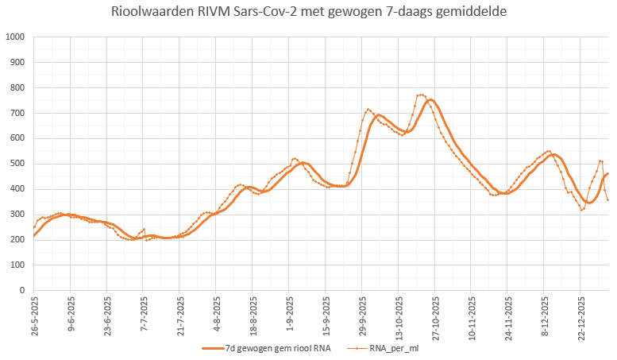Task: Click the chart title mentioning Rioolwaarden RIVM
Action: pos(308,14)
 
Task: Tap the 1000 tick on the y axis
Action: pos(15,37)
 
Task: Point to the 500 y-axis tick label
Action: pos(17,164)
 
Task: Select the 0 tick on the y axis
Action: pos(22,291)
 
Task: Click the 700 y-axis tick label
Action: pos(17,113)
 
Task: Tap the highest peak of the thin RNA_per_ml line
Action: pos(421,95)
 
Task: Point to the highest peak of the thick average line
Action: pos(430,100)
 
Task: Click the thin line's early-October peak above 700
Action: pos(368,109)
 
